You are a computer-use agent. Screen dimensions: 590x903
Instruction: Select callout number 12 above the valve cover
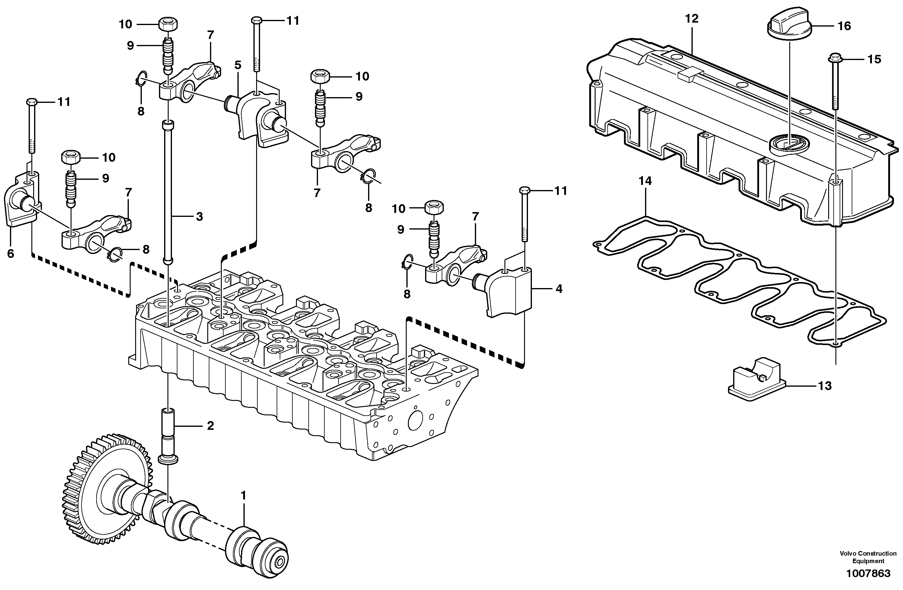[692, 19]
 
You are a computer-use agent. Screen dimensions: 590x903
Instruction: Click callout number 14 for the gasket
[645, 181]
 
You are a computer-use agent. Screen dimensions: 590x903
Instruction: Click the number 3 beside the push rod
[199, 217]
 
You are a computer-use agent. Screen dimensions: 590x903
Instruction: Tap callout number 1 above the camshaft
[243, 495]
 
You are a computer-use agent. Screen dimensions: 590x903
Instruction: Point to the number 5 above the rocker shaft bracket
[237, 65]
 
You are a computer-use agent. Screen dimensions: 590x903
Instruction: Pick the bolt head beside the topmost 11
[257, 19]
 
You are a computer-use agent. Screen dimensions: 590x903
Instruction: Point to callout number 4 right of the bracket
[559, 289]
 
